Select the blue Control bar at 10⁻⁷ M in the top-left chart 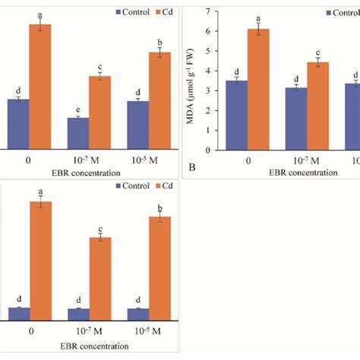coord(78,133)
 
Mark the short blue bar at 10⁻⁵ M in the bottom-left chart coord(138,314)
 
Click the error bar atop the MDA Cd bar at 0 coord(260,29)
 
